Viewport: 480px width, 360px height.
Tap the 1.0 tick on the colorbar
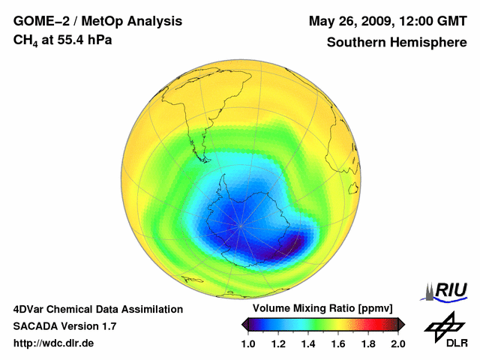(248, 343)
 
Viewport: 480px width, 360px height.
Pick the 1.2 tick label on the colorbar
(278, 343)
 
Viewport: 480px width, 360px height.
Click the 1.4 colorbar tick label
(307, 343)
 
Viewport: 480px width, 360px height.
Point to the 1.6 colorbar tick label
(337, 343)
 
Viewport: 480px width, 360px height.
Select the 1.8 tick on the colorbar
(367, 343)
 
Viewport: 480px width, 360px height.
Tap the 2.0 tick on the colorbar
(397, 343)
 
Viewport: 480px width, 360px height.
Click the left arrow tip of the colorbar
(243, 324)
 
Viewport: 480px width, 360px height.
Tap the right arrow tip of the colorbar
(403, 324)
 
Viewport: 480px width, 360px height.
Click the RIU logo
(445, 290)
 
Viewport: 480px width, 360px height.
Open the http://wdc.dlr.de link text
(54, 343)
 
